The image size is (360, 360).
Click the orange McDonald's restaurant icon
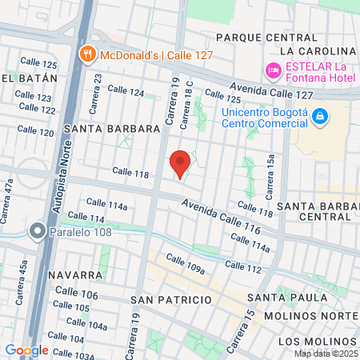click(87, 54)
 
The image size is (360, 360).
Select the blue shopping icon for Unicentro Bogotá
click(320, 117)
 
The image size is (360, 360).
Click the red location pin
click(181, 164)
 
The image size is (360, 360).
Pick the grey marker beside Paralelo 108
click(37, 232)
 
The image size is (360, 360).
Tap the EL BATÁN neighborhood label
click(30, 78)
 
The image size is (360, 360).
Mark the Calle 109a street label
click(186, 265)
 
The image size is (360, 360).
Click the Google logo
click(27, 350)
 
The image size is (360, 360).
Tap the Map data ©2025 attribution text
click(325, 354)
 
